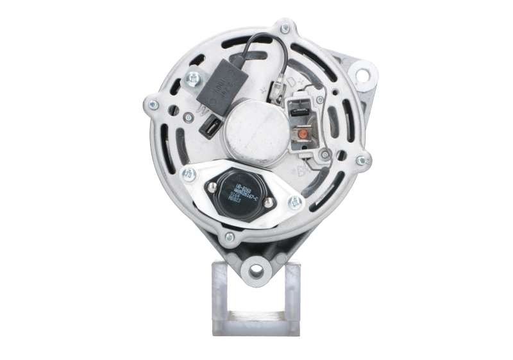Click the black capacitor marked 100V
click(220, 89)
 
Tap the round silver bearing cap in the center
click(253, 128)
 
